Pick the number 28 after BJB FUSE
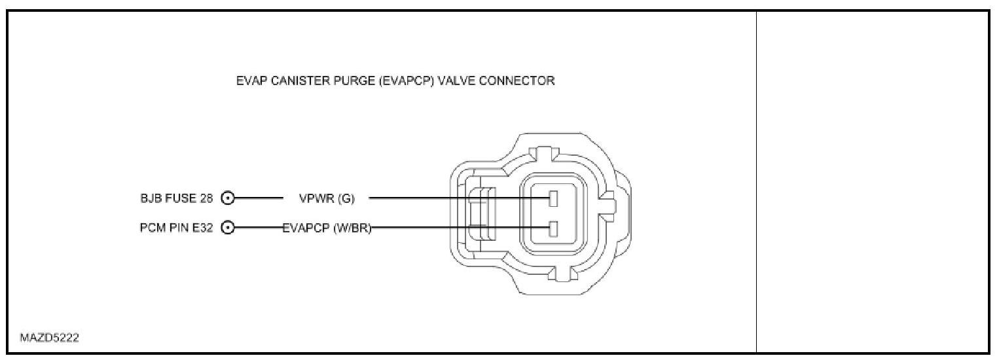pyautogui.click(x=206, y=198)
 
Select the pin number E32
pyautogui.click(x=202, y=228)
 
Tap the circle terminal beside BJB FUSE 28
pyautogui.click(x=228, y=198)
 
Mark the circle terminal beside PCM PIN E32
pyautogui.click(x=228, y=228)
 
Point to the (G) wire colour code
pyautogui.click(x=346, y=198)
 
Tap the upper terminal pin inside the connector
pyautogui.click(x=553, y=198)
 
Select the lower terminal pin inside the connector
pyautogui.click(x=553, y=228)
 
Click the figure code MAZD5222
pyautogui.click(x=50, y=338)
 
